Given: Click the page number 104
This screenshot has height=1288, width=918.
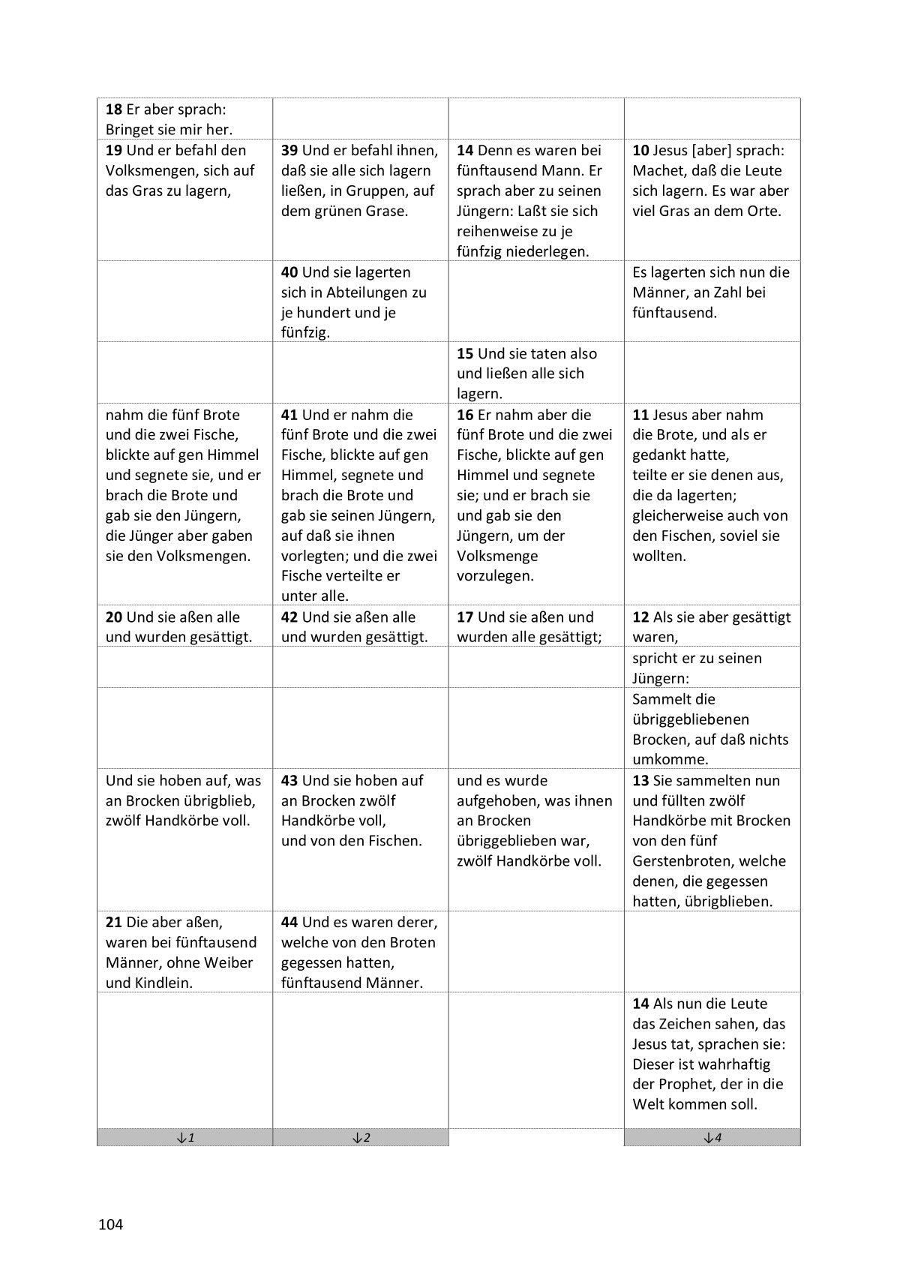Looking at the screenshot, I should click(110, 1225).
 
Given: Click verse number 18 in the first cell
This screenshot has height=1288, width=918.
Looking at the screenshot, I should click(114, 110).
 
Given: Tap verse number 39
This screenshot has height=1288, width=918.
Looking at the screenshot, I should click(289, 150).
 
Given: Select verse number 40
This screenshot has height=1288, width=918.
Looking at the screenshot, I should click(289, 272).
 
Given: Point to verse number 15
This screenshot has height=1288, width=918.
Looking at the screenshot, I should click(465, 353).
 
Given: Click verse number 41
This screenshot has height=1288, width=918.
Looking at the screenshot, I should click(289, 415).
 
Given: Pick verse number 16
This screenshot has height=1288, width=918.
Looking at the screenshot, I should click(465, 415).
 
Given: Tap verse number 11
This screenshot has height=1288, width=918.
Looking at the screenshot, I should click(640, 415).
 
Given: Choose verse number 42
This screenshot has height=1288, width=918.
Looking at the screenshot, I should click(289, 617).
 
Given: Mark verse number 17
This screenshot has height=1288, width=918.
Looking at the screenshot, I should click(465, 617).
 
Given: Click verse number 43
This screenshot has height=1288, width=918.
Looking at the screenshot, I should click(289, 780).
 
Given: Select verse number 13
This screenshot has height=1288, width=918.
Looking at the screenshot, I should click(640, 780).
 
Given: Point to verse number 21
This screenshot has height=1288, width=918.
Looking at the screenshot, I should click(114, 922).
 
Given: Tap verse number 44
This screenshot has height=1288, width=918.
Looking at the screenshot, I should click(289, 922).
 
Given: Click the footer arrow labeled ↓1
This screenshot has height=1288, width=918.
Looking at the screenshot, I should click(184, 1137).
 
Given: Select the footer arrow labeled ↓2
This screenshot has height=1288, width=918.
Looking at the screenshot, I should click(360, 1137).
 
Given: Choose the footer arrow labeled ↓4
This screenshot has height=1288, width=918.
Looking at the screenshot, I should click(712, 1137).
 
